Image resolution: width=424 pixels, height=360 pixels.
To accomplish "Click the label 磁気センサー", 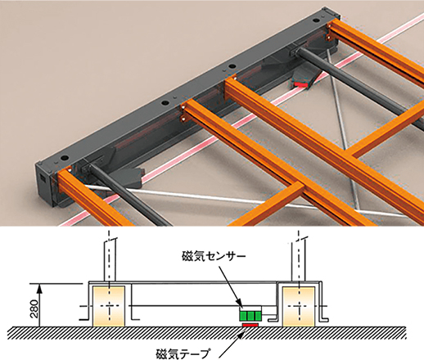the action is [214, 257].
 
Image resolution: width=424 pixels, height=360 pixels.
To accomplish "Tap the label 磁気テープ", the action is [183, 354].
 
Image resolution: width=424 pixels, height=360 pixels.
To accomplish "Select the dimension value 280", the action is [34, 309].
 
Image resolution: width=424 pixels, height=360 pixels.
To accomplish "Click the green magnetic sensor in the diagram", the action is [250, 316].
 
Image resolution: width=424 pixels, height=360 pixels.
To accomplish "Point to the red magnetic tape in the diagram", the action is [250, 325].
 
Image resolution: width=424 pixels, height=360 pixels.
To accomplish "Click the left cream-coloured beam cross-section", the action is [109, 306].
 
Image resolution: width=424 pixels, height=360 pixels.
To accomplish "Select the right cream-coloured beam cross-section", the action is [299, 306].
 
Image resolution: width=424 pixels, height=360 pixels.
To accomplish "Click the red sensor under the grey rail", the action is [300, 85].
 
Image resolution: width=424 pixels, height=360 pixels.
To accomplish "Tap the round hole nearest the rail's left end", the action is [65, 158].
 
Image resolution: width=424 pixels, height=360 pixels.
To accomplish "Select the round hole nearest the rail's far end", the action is [316, 20].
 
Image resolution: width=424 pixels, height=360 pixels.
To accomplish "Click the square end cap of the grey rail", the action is [43, 184].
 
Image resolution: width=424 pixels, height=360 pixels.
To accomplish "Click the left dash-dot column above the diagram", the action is [111, 255].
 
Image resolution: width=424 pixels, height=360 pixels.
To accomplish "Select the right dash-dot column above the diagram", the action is [300, 255].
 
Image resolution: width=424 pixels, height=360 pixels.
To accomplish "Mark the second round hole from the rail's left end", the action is [165, 103].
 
